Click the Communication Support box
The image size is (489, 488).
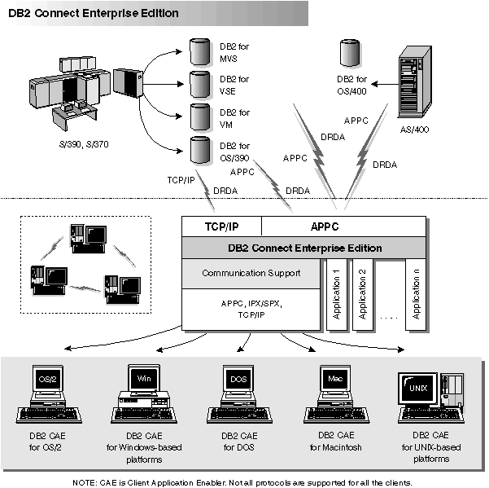tap(251, 273)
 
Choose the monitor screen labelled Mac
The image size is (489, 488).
tap(334, 378)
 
